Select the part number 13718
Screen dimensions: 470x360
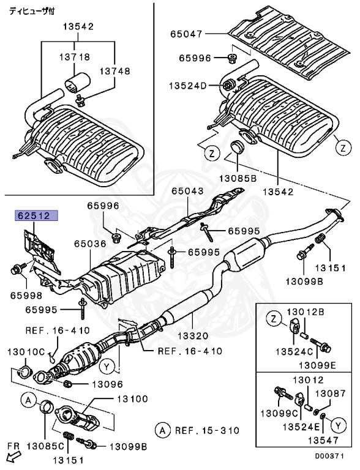75,57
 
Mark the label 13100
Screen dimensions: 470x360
133,399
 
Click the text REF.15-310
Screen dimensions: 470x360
205,430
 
